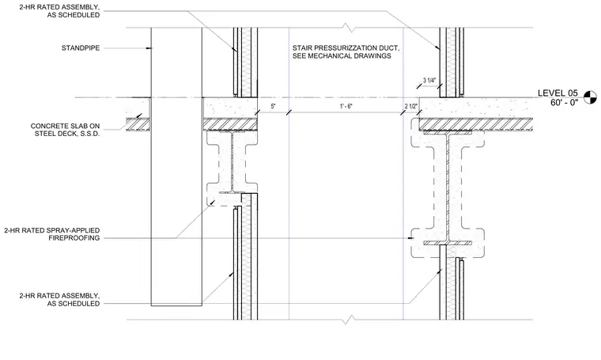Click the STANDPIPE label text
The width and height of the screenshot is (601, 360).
(81, 48)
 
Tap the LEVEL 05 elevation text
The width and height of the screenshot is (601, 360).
(558, 93)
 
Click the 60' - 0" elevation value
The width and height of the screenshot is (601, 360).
(564, 103)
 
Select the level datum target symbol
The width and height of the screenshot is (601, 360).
(590, 97)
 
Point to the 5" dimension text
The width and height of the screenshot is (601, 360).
(273, 106)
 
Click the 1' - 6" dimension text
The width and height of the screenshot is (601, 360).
(346, 106)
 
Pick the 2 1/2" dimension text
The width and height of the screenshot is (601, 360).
(410, 106)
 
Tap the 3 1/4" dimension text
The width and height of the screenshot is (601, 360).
(429, 81)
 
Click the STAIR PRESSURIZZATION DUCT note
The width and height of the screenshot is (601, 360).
(346, 51)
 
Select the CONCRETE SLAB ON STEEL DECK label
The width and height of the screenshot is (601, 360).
(65, 130)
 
